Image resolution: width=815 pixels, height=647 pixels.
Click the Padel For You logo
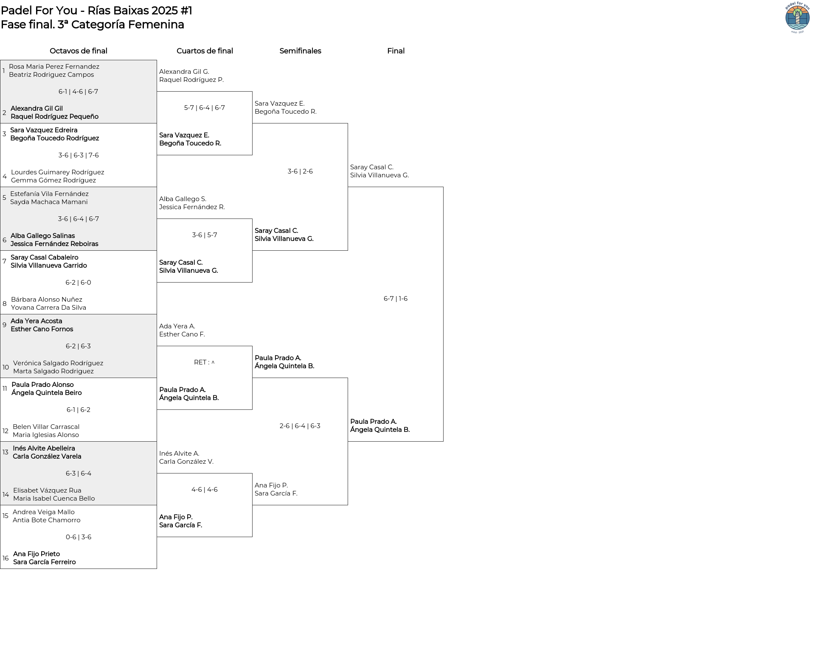coord(797,17)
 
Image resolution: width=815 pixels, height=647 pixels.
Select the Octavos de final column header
coord(79,51)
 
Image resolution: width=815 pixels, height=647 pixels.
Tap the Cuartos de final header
coord(205,51)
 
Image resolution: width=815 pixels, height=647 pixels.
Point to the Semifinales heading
coord(300,51)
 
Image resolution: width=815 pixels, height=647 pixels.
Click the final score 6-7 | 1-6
coord(396,299)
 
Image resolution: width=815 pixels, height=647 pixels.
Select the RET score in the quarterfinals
coord(204,362)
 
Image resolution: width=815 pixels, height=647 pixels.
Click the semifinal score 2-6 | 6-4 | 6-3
coord(300,426)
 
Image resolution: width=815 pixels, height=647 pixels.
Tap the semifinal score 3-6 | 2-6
coord(300,171)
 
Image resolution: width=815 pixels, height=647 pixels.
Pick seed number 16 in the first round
coord(6,558)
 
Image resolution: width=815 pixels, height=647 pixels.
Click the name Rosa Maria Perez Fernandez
coord(54,67)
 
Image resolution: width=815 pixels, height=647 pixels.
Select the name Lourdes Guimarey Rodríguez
coord(57,172)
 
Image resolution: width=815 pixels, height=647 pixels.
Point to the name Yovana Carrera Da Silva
coord(48,308)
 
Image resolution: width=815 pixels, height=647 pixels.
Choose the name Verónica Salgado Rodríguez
coord(58,363)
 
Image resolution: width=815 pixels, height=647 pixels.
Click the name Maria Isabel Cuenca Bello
coord(54,499)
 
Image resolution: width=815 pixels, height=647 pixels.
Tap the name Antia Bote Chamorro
coord(46,520)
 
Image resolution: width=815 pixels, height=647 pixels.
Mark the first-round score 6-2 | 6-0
coord(79,283)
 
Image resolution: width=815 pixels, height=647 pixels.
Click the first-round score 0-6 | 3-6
coord(79,537)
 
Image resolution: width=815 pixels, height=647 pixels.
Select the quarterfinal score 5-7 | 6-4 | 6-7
coord(205,108)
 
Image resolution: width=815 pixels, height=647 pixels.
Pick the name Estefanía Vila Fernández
coord(49,194)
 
